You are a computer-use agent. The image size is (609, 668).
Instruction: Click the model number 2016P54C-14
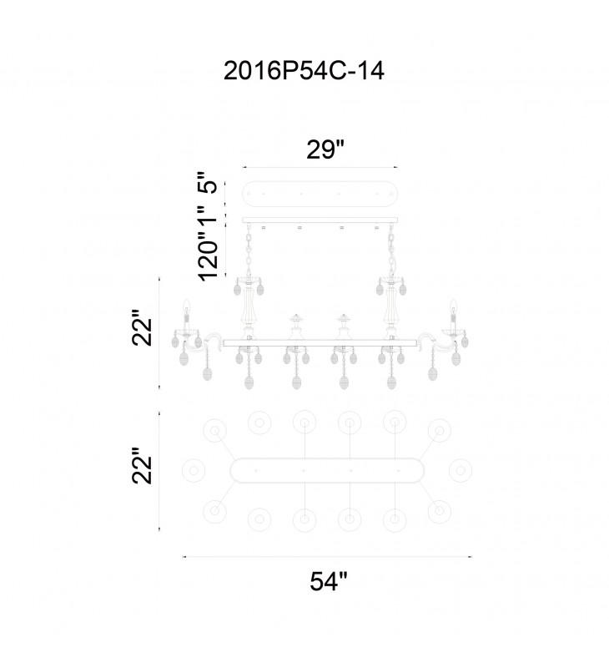pyautogui.click(x=304, y=71)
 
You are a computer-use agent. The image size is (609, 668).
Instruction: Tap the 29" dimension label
pyautogui.click(x=325, y=149)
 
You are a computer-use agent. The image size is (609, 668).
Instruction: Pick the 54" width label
pyautogui.click(x=329, y=581)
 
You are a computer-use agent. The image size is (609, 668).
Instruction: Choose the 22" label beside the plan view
pyautogui.click(x=142, y=465)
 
